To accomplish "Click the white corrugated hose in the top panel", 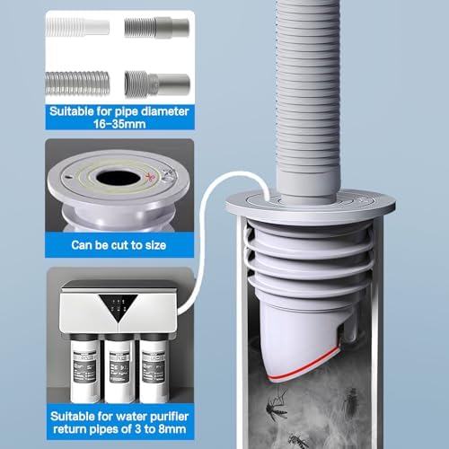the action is [x=77, y=27].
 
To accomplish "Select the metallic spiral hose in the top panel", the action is [x=77, y=83].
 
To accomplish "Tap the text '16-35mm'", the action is [x=119, y=124].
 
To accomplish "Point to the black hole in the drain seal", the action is [x=119, y=179].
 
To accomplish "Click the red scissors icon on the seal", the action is [x=149, y=177].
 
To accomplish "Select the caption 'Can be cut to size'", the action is [x=119, y=245].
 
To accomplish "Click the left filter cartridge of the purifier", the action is [x=84, y=369].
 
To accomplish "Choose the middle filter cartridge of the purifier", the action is [x=119, y=369].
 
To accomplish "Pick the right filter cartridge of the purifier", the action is [x=154, y=369].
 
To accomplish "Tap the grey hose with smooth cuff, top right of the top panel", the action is [x=157, y=28].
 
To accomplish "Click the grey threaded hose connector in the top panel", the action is [x=157, y=84].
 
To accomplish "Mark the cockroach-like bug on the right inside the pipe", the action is [x=351, y=402].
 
